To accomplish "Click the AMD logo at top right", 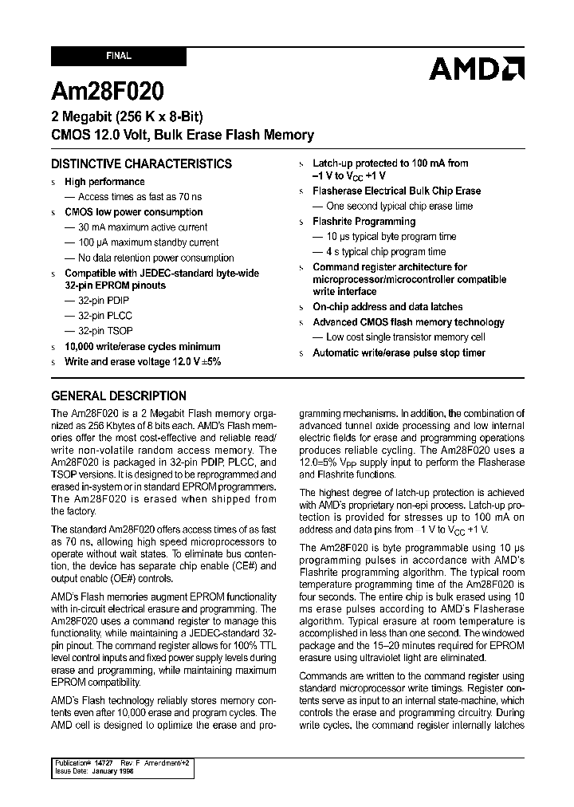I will coord(476,69).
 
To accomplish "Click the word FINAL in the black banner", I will coord(119,57).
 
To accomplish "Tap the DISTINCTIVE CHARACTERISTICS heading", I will coord(141,164).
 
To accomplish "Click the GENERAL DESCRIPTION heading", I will coord(119,396).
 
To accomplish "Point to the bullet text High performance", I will coord(104,182).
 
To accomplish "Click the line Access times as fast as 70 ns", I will coord(140,197).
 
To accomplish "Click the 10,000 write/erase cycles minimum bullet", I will coord(142,347).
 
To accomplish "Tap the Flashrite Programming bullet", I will coord(364,222).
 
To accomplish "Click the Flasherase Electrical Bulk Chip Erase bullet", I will coord(396,191).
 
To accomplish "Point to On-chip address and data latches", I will coord(387,307).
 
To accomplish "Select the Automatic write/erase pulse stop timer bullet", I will coord(399,352).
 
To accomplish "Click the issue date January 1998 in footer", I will coord(109,771).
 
